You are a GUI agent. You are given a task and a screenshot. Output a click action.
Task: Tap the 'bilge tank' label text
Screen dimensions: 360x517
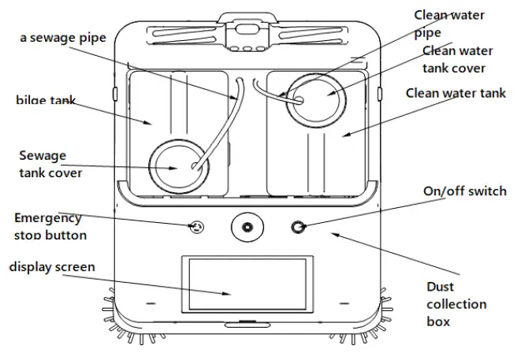tap(46, 100)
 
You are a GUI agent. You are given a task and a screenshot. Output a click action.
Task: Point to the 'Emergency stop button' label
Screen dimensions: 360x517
tap(50, 226)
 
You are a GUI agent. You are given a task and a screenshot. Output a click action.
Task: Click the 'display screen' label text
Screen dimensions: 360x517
tap(52, 267)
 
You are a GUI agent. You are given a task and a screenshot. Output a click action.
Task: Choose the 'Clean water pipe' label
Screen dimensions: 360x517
tap(450, 24)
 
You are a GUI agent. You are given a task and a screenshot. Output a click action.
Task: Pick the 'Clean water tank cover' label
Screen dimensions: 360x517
tap(457, 59)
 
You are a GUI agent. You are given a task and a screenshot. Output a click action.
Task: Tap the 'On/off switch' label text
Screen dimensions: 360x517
tap(465, 191)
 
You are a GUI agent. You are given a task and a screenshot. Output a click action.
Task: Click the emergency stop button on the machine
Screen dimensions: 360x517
tap(196, 228)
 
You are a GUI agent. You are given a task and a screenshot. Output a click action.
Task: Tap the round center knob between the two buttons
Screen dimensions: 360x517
tap(247, 228)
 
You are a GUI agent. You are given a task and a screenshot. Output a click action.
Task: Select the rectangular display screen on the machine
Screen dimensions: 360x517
tap(245, 284)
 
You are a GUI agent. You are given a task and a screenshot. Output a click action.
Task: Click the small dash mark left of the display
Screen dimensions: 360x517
tap(150, 303)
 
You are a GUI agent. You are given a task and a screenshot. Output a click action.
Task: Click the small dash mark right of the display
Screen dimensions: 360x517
tap(343, 303)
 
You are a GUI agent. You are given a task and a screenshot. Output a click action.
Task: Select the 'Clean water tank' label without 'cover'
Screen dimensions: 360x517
tap(456, 94)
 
